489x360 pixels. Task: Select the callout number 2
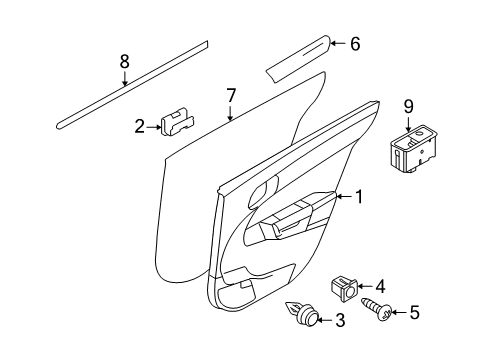[x=139, y=126]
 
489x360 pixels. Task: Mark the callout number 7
[x=231, y=96]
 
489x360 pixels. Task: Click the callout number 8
[x=125, y=62]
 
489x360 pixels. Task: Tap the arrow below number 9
[x=408, y=121]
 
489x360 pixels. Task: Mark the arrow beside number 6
[x=337, y=43]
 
